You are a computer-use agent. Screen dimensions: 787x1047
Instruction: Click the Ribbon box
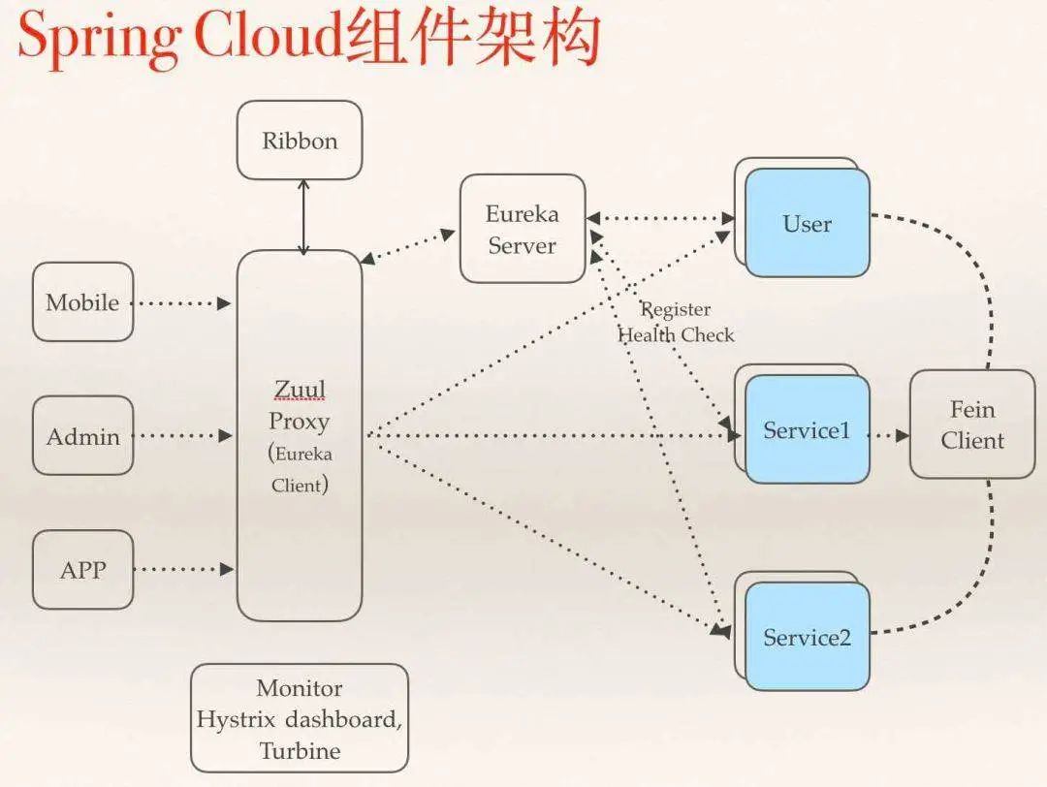300,141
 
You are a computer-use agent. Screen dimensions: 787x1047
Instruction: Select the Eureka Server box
522,229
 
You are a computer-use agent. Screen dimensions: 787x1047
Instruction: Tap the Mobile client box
82,302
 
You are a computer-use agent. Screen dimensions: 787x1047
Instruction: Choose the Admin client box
82,436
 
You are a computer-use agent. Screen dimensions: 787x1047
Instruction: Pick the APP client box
82,570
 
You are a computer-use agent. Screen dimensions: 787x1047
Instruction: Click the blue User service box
807,223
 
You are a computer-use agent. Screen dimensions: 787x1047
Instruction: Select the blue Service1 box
807,429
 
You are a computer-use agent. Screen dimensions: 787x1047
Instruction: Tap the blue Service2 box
807,637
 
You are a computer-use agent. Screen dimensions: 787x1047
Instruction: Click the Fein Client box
971,424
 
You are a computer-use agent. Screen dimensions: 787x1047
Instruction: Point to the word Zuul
300,390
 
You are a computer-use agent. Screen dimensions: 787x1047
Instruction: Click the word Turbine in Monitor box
300,751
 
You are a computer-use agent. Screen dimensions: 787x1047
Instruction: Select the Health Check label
676,335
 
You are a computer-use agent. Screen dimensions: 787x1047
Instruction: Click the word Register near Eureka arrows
676,309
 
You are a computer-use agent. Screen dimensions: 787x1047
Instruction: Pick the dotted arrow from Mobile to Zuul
182,303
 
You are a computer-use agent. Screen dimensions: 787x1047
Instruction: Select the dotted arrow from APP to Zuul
182,570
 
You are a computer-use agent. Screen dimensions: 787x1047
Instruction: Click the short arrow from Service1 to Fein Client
887,436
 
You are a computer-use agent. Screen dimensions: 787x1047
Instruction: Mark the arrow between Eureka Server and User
659,219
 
